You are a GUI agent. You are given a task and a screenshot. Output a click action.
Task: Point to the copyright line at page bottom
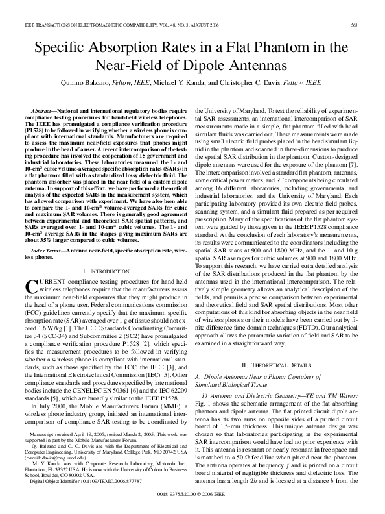pos(192,493)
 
